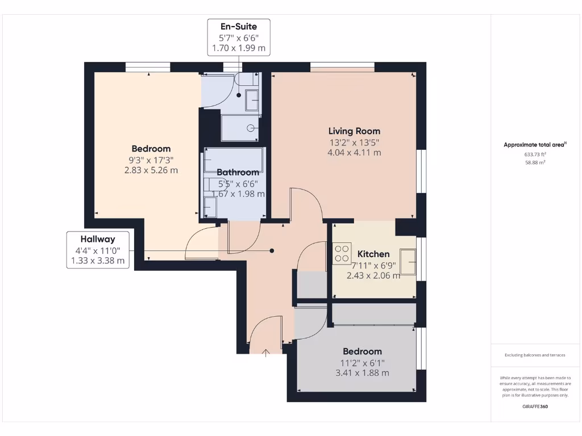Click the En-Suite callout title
(239, 26)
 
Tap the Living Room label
(354, 131)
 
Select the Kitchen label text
(373, 254)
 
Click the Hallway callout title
(98, 239)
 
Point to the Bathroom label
(238, 172)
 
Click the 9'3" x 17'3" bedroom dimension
(151, 160)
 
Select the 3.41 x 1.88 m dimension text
(361, 373)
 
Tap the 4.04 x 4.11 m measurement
(354, 152)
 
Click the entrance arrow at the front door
(266, 353)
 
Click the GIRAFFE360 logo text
(535, 406)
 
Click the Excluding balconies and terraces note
(535, 355)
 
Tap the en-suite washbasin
(252, 100)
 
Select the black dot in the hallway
(272, 250)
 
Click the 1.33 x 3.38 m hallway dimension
(98, 261)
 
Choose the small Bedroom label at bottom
(361, 351)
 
